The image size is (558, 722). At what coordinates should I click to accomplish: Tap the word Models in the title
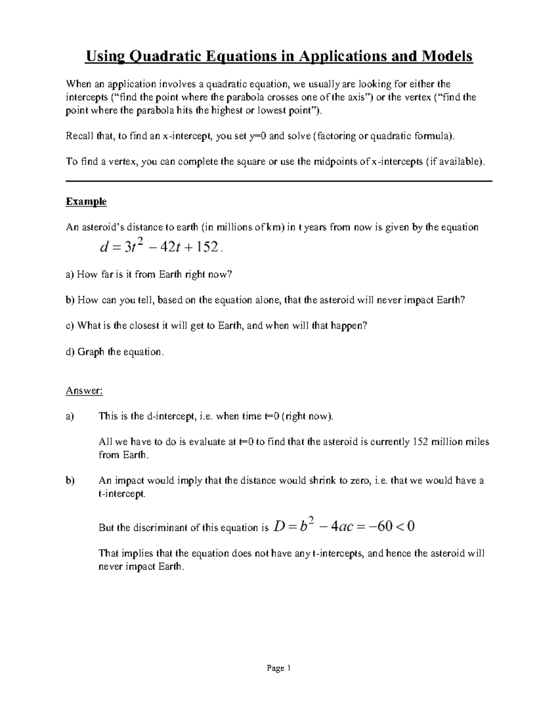447,56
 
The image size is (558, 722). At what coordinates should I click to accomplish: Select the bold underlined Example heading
86,202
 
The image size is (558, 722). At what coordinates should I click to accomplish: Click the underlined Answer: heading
84,391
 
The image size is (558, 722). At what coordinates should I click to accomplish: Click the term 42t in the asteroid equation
169,248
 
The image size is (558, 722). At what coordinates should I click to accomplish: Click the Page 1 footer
279,669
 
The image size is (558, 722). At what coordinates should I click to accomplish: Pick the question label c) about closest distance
70,326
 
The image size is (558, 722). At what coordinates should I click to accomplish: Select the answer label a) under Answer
70,416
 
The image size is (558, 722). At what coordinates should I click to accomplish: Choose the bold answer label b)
70,481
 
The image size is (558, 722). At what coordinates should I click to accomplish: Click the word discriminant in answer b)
159,528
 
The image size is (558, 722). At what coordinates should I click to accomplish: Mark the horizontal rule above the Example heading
279,181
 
